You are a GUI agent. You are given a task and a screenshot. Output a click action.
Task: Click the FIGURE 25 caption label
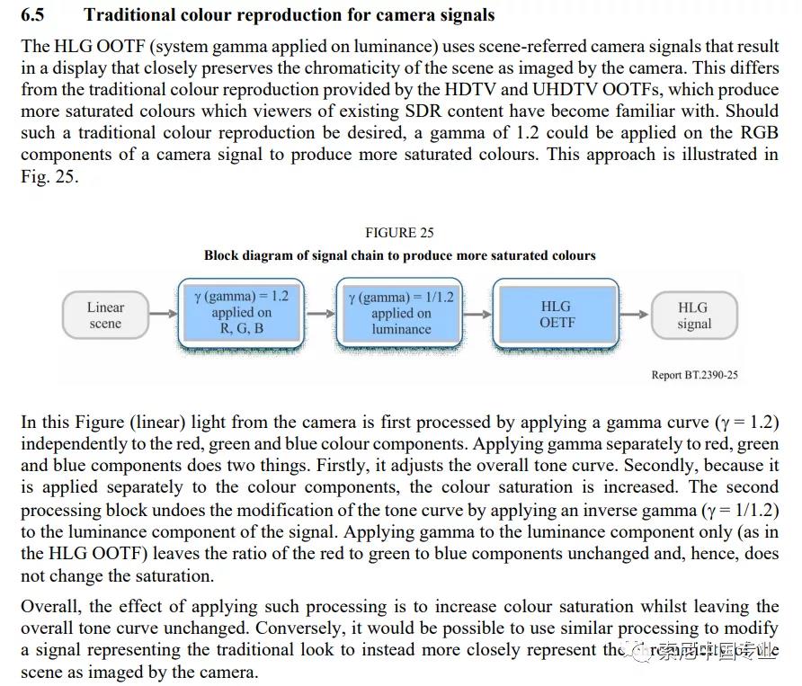pos(399,233)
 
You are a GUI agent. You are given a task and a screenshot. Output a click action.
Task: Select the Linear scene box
pos(105,315)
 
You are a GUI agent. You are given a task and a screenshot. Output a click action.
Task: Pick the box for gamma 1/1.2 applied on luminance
pos(400,313)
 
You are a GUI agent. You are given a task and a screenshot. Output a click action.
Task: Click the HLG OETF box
pos(556,314)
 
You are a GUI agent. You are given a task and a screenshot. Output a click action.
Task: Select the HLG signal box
pos(693,315)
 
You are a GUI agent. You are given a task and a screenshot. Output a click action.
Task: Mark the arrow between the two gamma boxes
pos(320,315)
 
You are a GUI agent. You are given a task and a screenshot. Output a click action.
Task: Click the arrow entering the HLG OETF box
pos(478,315)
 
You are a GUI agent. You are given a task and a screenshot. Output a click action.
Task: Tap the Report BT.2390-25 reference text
pos(694,375)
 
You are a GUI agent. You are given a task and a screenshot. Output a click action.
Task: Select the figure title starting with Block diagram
pos(399,255)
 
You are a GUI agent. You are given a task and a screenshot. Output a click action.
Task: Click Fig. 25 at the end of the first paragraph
pos(49,176)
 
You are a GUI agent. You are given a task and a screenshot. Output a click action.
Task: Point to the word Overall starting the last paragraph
pos(50,606)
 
